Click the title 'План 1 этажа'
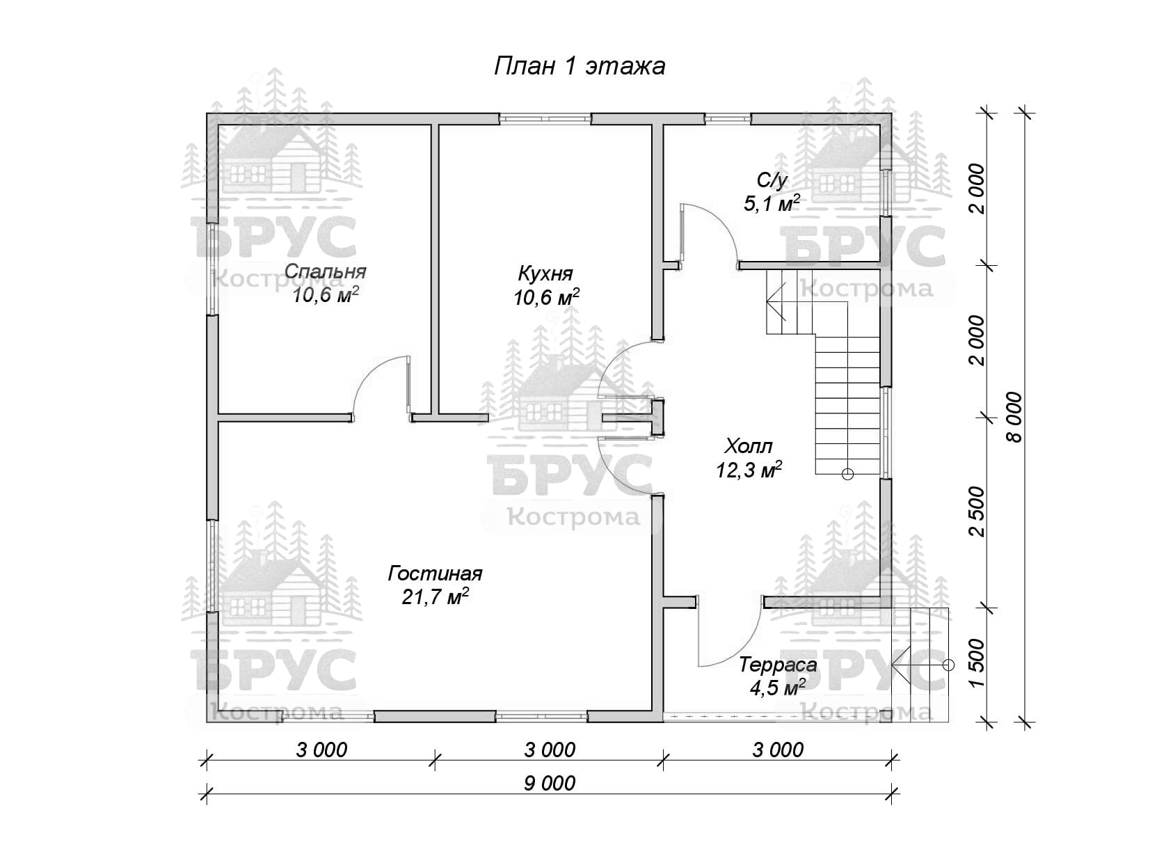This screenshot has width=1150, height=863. [x=580, y=67]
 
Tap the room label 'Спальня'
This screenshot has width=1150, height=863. [x=326, y=271]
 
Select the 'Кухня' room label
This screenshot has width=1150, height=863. [x=546, y=274]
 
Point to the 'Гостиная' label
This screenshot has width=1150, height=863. [x=435, y=573]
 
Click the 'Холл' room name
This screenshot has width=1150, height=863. [x=749, y=446]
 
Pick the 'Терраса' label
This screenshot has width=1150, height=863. [x=778, y=665]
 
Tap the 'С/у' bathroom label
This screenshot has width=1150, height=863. [x=772, y=181]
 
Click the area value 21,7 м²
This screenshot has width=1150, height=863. [x=436, y=596]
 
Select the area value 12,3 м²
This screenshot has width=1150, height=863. [x=749, y=470]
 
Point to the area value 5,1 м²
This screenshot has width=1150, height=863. [x=772, y=203]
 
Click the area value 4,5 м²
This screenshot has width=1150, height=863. [x=778, y=688]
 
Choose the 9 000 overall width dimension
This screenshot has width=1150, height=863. [x=550, y=784]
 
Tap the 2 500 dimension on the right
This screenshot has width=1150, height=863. [x=977, y=512]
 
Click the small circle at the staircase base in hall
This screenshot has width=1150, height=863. [x=847, y=475]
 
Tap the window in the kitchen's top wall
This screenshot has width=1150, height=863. [x=545, y=119]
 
